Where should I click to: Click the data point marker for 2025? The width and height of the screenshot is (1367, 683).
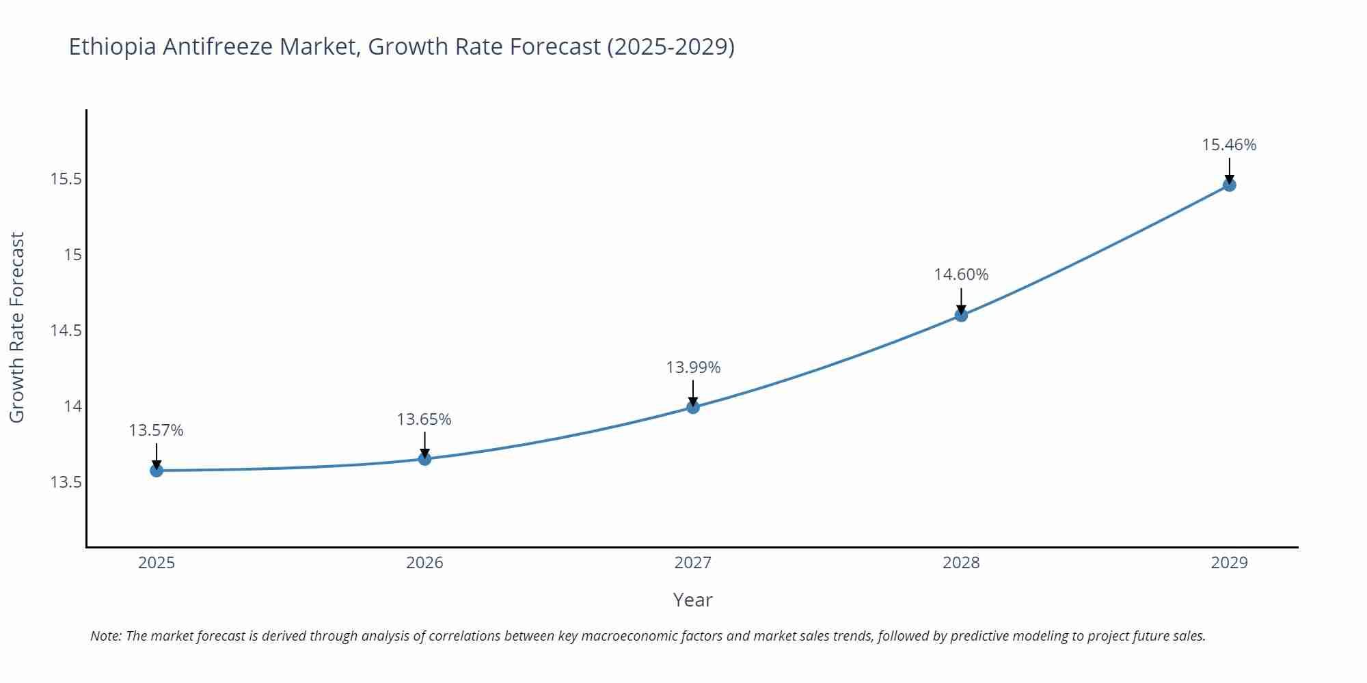click(157, 470)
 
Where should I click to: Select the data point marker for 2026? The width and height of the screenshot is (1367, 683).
click(424, 458)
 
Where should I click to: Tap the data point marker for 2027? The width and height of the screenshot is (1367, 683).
click(693, 407)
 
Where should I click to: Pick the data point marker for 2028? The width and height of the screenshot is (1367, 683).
click(961, 315)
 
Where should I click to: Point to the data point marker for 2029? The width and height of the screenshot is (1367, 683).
click(1229, 184)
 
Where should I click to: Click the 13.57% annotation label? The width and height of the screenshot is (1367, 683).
click(157, 430)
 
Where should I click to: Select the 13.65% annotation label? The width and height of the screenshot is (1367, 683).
click(424, 419)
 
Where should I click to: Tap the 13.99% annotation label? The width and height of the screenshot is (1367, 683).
click(693, 367)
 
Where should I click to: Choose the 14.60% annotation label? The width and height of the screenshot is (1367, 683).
click(961, 275)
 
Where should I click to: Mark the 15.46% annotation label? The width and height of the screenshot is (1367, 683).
click(1229, 145)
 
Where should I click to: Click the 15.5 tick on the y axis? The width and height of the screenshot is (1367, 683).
click(66, 180)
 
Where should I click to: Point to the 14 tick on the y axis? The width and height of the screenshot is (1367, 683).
click(72, 406)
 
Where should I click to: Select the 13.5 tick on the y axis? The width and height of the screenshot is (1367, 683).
click(66, 482)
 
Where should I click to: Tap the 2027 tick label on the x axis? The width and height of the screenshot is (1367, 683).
click(693, 563)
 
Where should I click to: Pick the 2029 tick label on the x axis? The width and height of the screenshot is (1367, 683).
click(1229, 563)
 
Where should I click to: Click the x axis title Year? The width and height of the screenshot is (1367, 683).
click(692, 600)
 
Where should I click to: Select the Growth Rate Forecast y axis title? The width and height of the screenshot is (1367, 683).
click(17, 327)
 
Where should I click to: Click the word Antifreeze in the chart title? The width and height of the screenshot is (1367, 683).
click(219, 47)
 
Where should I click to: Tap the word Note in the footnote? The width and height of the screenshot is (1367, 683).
click(105, 636)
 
